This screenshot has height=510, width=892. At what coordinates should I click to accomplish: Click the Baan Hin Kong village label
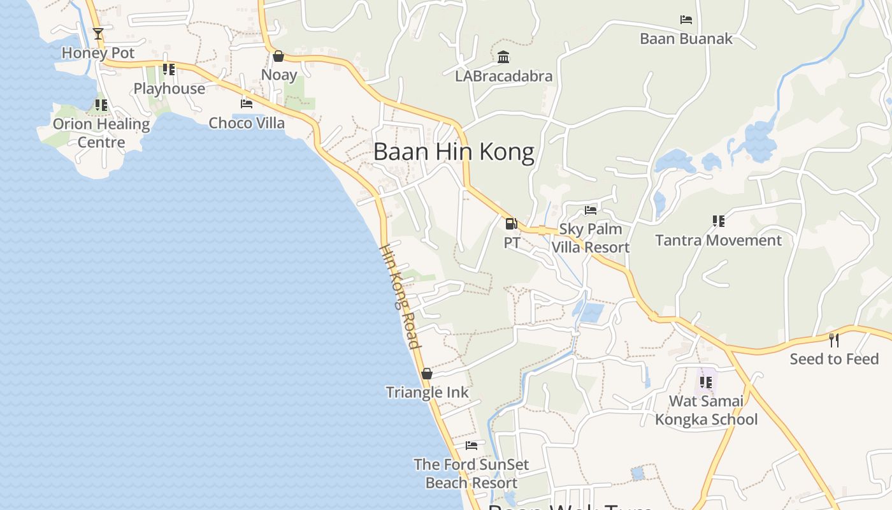tap(454, 152)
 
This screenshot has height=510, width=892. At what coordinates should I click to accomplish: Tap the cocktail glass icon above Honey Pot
tap(98, 34)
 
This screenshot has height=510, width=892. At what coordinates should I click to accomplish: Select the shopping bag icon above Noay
tap(278, 56)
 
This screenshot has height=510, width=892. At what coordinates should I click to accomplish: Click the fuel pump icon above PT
tap(511, 224)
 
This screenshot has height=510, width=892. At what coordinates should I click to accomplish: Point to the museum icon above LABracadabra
tap(503, 57)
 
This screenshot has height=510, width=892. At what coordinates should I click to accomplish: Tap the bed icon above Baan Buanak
tap(686, 20)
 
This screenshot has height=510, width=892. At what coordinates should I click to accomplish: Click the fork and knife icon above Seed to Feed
tap(833, 340)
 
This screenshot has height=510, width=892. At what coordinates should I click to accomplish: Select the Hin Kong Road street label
tap(400, 296)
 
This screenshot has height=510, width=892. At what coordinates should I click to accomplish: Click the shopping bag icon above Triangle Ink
tap(427, 374)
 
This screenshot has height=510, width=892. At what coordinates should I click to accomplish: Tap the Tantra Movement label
tap(719, 240)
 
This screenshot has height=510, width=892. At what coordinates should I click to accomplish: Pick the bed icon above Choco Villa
tap(247, 103)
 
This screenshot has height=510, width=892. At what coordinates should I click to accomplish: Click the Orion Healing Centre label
tap(101, 133)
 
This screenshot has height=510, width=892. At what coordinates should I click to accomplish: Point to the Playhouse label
tap(169, 89)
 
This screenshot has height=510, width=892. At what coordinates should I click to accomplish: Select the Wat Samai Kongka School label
tap(707, 410)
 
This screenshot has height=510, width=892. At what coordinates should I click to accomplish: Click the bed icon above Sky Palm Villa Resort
tap(591, 210)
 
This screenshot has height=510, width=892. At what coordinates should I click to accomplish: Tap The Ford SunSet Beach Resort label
tap(471, 474)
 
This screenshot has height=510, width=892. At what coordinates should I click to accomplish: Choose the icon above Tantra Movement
tap(719, 221)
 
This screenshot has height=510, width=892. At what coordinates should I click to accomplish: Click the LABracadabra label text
tap(503, 76)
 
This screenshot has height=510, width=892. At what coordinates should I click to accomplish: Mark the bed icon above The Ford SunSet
tap(471, 445)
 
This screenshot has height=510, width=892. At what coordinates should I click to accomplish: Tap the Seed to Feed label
tap(834, 359)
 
